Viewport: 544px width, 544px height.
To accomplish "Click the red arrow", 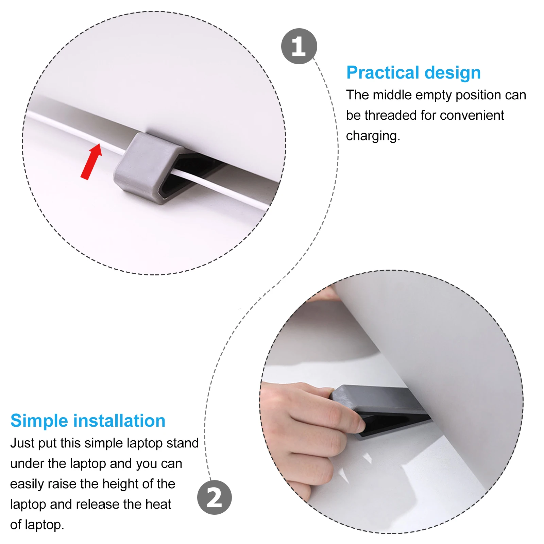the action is [91, 161].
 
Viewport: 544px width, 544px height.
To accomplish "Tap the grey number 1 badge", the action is [299, 46].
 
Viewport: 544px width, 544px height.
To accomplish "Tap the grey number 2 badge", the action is [214, 497].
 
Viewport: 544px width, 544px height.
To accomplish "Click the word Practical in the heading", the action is [383, 73].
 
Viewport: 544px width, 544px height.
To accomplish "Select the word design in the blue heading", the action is [453, 73].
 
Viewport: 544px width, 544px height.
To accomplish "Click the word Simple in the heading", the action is [39, 421].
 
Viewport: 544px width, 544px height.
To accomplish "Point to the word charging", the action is [373, 136].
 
